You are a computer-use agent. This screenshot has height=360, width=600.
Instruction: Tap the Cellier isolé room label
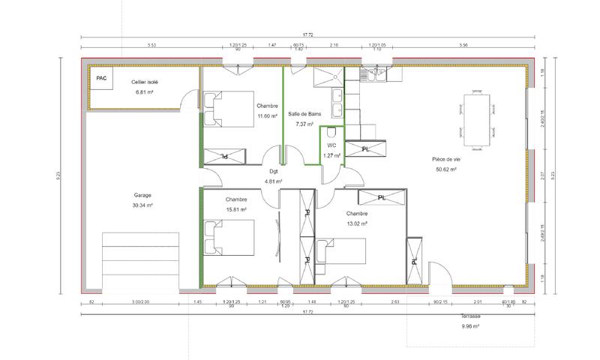point(142,82)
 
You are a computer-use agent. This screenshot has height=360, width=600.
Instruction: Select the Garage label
point(142,195)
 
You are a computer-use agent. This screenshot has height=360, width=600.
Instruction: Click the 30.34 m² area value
point(142,205)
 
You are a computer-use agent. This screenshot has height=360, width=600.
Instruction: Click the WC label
point(331,145)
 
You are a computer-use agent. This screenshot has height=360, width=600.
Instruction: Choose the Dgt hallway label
point(274,171)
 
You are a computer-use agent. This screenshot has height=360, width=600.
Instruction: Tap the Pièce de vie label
point(446,159)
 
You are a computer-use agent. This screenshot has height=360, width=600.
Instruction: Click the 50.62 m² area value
point(446,169)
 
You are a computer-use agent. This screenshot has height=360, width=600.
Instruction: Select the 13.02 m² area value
point(357,223)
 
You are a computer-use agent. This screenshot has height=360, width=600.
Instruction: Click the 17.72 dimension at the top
point(307,34)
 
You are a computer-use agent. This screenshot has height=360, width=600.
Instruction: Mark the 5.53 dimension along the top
point(151,46)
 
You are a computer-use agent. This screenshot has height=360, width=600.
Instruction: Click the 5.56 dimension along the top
point(463,46)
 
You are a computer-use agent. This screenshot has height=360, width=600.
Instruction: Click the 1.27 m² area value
point(331,155)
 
